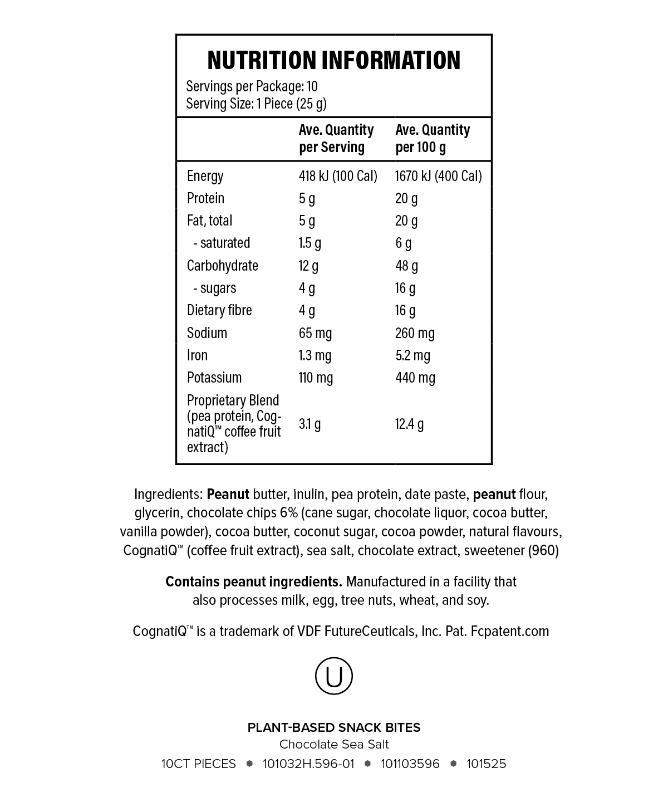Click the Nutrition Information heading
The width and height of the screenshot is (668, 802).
(x=334, y=60)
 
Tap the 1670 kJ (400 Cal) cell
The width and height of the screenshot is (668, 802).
(x=438, y=176)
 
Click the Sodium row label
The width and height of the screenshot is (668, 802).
(x=207, y=333)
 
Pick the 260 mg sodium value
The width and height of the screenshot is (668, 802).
(x=415, y=333)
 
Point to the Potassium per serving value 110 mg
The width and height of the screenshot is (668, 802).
(x=316, y=378)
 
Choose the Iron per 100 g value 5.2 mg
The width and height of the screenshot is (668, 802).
(x=412, y=355)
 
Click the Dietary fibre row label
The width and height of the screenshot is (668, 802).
(x=219, y=310)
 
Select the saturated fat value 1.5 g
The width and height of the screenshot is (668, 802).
(x=310, y=243)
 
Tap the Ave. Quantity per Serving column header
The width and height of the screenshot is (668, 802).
(x=336, y=138)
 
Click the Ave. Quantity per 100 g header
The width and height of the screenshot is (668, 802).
(x=433, y=138)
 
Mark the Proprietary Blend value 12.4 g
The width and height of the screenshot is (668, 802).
(x=409, y=424)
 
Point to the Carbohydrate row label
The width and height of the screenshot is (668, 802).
(x=223, y=266)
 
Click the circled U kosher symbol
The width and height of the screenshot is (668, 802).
(x=334, y=676)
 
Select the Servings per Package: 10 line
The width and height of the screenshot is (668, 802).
(x=252, y=86)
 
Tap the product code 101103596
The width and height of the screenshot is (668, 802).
(x=410, y=764)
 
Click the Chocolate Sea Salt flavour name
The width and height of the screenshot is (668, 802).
(x=334, y=745)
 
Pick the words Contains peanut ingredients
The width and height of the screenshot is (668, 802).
(x=254, y=581)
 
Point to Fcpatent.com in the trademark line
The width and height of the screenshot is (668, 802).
(x=510, y=631)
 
